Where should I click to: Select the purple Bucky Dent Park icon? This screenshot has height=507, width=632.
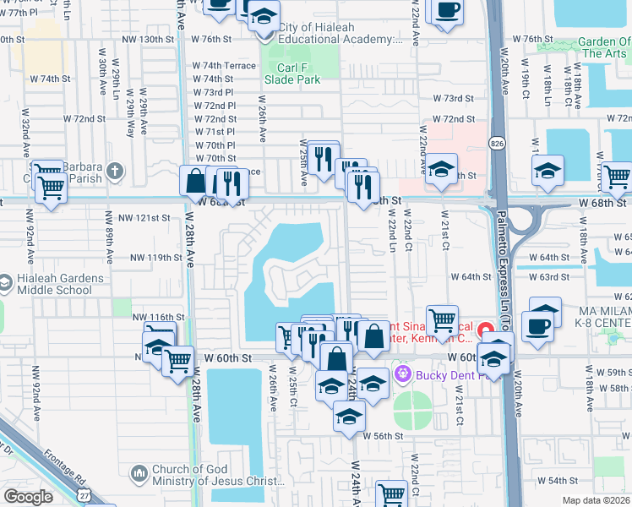401,373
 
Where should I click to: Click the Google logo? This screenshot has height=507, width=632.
28,497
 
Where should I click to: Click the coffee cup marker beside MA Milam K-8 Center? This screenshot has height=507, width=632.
537,326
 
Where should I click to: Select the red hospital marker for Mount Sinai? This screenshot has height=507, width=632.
485,330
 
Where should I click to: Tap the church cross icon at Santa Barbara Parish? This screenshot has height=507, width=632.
115,172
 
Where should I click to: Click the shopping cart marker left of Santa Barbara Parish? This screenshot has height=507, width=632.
52,188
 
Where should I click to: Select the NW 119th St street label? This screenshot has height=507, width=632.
156,258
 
